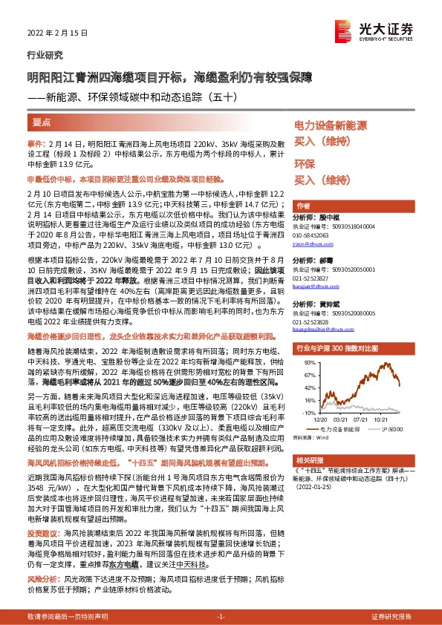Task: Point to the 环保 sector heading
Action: point(305,163)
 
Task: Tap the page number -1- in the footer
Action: point(221,617)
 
